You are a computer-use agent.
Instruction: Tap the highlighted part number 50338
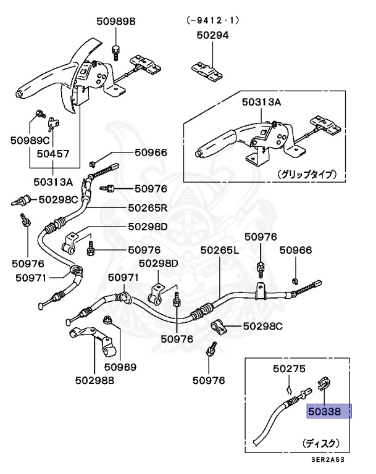tap(329, 411)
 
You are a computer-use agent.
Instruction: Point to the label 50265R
tap(149, 208)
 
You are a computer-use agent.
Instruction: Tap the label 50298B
tap(94, 381)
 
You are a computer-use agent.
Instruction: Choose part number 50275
tap(289, 370)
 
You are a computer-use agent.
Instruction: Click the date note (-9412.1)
tap(212, 20)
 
